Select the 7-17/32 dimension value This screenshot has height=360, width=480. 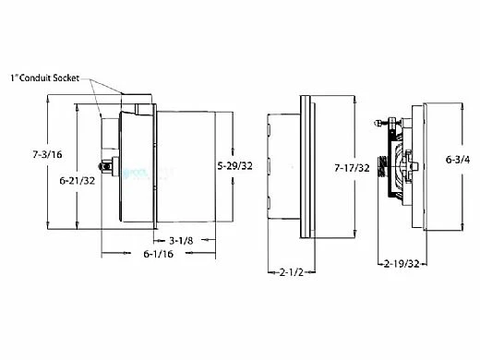coord(354,169)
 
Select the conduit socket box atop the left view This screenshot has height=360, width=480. coord(138,100)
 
